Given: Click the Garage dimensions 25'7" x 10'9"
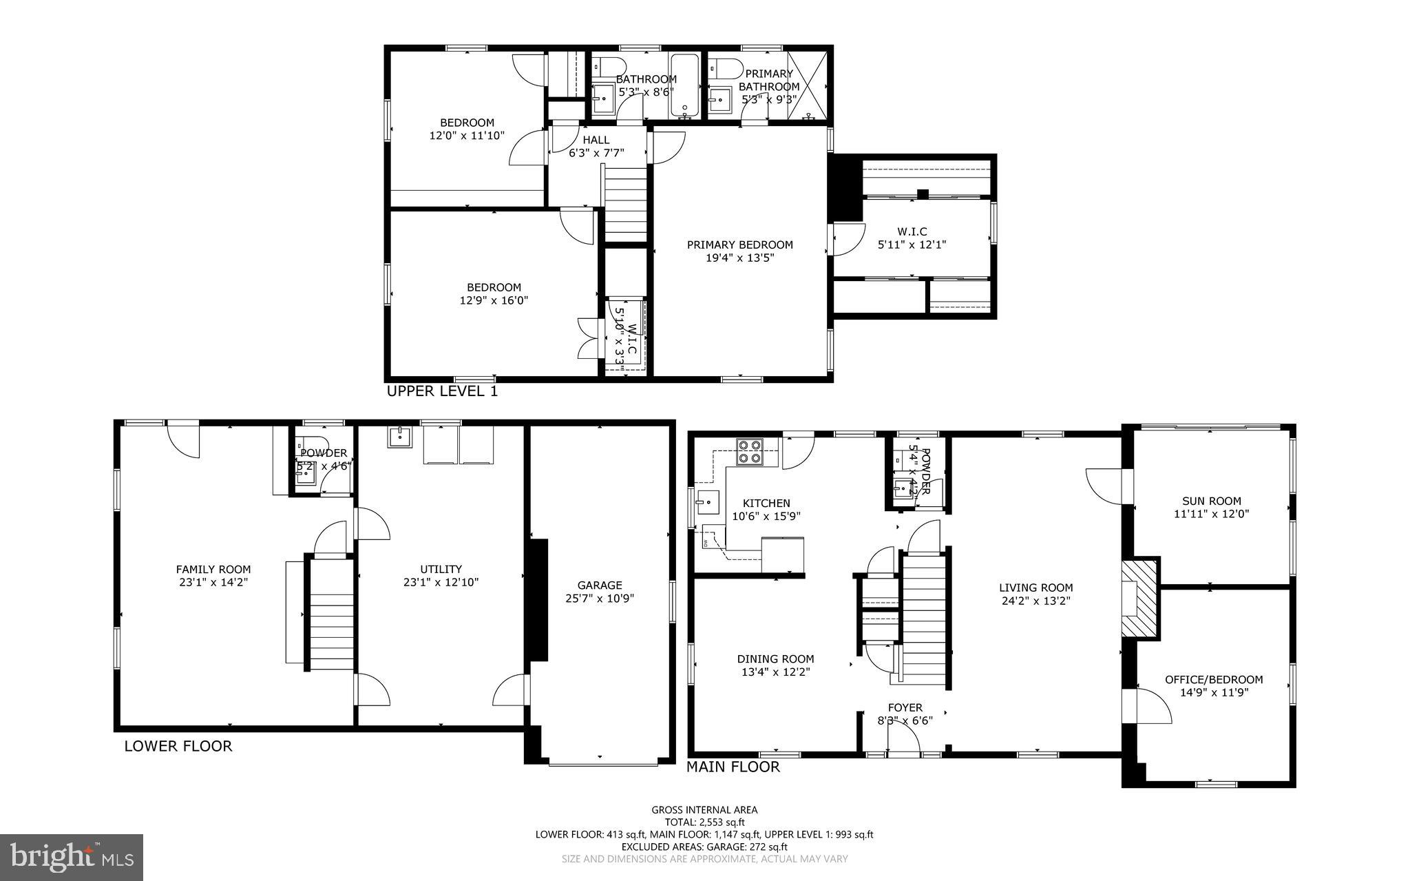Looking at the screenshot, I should [x=600, y=599].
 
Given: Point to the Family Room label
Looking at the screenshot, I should [x=213, y=570].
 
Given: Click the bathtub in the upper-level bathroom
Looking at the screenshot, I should [x=684, y=85].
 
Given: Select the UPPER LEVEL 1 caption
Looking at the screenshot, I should [x=441, y=392].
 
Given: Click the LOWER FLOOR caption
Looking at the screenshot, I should [x=178, y=746].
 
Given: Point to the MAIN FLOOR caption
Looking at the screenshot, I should [x=733, y=767].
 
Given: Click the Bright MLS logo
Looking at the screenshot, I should [x=72, y=858].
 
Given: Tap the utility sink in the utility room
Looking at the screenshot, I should [x=399, y=437].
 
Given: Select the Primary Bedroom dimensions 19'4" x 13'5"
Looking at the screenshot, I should [x=740, y=258].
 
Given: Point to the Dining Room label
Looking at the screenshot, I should [x=775, y=659].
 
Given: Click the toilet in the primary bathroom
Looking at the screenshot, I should [x=725, y=68].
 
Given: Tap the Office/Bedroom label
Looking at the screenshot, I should [x=1213, y=680].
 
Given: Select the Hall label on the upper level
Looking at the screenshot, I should [x=596, y=141].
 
